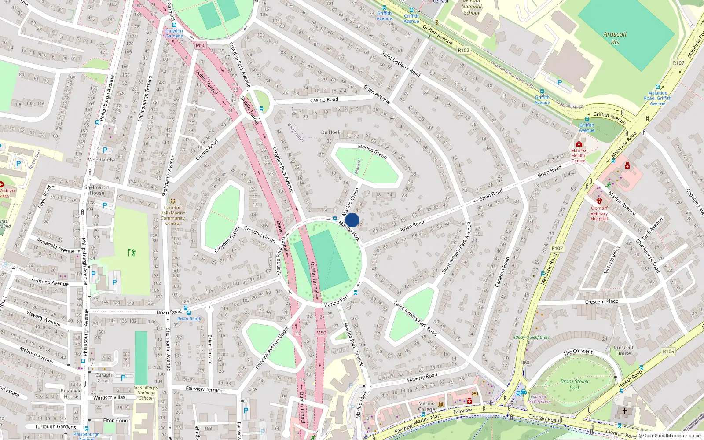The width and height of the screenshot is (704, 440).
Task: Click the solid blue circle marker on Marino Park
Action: coord(352,220)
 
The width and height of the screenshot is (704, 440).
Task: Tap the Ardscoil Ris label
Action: coord(615,38)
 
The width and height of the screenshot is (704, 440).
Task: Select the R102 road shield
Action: coord(463,50)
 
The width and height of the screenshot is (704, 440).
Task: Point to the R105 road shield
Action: coord(668,351)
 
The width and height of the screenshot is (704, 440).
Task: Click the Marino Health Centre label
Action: coord(578,155)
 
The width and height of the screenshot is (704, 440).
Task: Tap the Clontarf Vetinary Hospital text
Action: coord(599,213)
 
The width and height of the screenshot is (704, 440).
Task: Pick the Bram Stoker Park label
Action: coord(575,384)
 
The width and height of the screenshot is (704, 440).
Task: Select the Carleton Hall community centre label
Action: coord(173,215)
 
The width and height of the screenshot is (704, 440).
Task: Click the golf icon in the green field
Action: coord(132,253)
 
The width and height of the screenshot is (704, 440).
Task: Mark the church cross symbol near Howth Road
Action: coord(624,411)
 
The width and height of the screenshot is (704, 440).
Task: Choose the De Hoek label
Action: coord(330,132)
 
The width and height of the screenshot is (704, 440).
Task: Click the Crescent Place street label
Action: coord(601,301)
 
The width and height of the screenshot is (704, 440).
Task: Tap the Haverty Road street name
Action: coord(422,377)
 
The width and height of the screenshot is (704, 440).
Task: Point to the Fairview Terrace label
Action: coord(204,389)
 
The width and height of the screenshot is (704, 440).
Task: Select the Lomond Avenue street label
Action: coord(50,282)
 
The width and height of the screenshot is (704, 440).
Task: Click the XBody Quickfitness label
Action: coord(531,337)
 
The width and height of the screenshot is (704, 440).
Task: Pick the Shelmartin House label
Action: coord(97,190)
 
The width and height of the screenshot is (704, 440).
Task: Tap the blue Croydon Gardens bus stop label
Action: coord(174,33)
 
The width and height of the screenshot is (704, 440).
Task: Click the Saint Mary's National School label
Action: coord(146,392)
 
